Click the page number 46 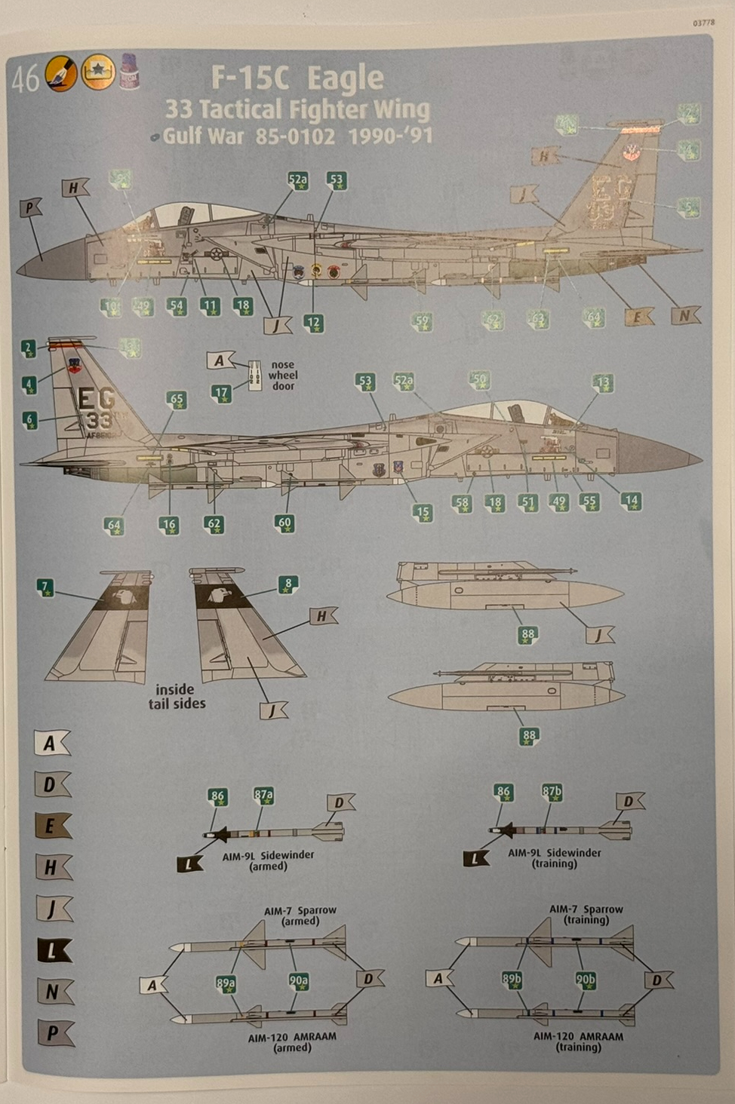25,78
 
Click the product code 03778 703,23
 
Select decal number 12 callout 313,323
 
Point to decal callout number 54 177,306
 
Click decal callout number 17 221,393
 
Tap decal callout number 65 177,400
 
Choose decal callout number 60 284,523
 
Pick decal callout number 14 631,500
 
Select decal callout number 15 423,512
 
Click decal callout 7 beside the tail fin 46,587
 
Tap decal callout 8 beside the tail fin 288,584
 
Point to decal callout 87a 263,795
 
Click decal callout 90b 586,980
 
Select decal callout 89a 226,983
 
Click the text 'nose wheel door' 283,375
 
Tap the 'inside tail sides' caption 177,696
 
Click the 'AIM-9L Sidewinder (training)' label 554,858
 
